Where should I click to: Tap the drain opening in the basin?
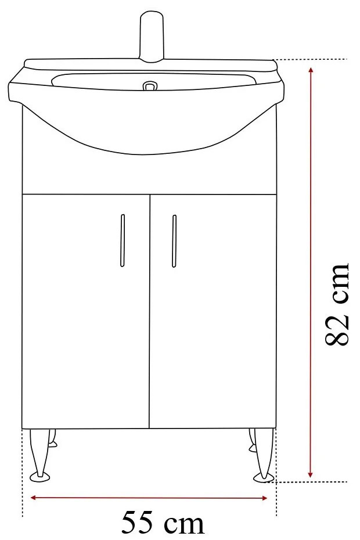point(150,87)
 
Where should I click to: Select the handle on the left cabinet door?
point(123,241)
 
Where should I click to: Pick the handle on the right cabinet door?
point(174,241)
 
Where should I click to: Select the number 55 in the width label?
point(139,523)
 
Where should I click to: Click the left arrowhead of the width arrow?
point(34,498)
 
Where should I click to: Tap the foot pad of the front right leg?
point(262,477)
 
